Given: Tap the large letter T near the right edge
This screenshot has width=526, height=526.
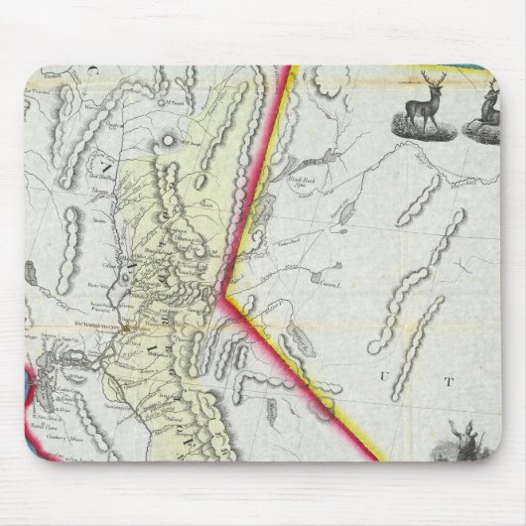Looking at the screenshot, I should [x=448, y=379].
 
